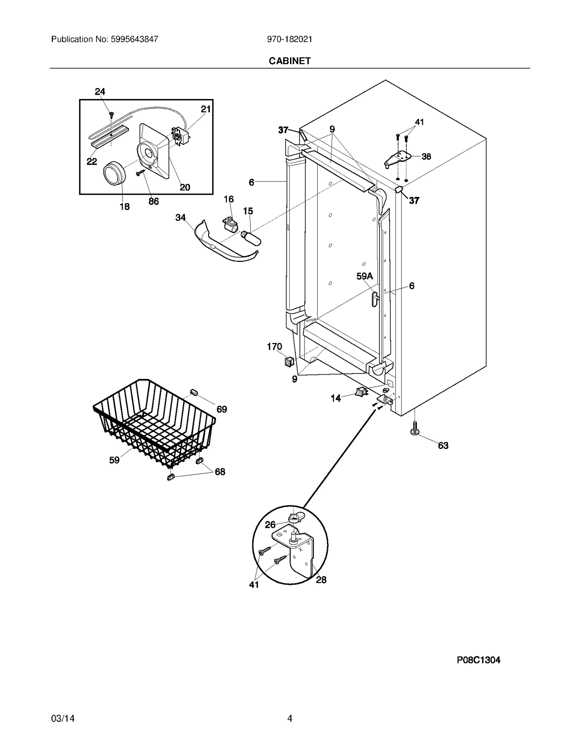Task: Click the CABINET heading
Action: [x=290, y=61]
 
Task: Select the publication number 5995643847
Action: [x=133, y=39]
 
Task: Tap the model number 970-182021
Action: [x=290, y=39]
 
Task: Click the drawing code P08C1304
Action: [x=478, y=660]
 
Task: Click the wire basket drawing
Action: [x=154, y=422]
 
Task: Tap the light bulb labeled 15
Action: [x=251, y=239]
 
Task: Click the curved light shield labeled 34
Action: [x=225, y=245]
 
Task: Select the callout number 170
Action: [x=274, y=347]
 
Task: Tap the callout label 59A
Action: [x=364, y=276]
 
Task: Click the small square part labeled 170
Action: [x=289, y=361]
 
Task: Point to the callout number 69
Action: [x=221, y=409]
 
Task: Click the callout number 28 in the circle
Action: [x=321, y=580]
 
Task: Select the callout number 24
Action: [x=100, y=92]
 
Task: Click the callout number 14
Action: [x=336, y=398]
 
